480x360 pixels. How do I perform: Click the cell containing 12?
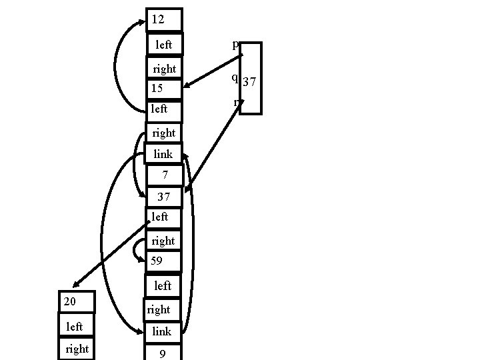pyautogui.click(x=164, y=20)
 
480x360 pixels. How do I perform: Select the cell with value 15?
pyautogui.click(x=164, y=88)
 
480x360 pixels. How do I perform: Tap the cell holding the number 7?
pyautogui.click(x=164, y=175)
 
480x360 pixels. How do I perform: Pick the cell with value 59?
pyautogui.click(x=164, y=261)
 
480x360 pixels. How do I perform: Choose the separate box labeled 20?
pyautogui.click(x=77, y=302)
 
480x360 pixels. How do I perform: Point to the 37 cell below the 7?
pyautogui.click(x=164, y=197)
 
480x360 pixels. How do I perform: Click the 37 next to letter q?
pyautogui.click(x=250, y=82)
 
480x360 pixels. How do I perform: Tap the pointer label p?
pyautogui.click(x=235, y=45)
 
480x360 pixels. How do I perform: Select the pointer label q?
pyautogui.click(x=234, y=77)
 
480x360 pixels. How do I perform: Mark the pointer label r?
pyautogui.click(x=236, y=102)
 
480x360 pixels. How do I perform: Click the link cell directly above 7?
pyautogui.click(x=164, y=154)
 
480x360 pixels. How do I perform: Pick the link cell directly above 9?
pyautogui.click(x=164, y=331)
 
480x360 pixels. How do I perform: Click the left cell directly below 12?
pyautogui.click(x=164, y=45)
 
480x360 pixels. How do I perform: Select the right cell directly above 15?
pyautogui.click(x=164, y=69)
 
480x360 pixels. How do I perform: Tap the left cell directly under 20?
pyautogui.click(x=77, y=326)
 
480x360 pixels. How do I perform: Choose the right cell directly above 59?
pyautogui.click(x=164, y=240)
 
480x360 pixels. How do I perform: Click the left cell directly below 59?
pyautogui.click(x=164, y=285)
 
